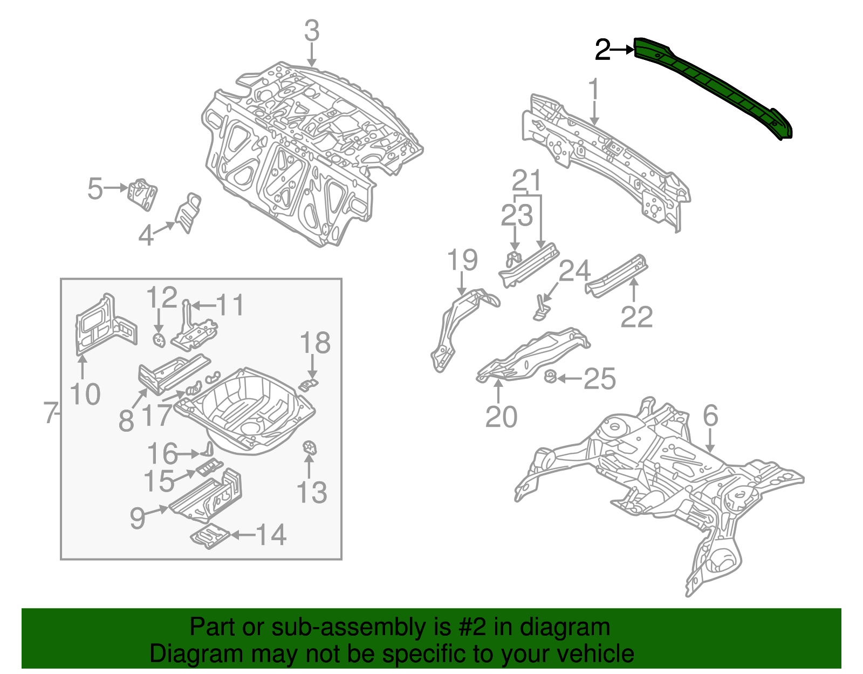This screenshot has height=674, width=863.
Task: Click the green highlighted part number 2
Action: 712,86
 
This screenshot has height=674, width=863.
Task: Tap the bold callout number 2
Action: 602,50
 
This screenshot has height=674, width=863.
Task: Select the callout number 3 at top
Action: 312,31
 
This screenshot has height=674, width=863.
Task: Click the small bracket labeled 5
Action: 142,194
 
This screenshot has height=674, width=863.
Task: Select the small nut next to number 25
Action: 551,377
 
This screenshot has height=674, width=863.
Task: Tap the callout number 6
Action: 710,416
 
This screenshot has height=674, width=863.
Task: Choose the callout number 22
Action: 636,317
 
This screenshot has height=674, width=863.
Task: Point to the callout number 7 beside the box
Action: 50,413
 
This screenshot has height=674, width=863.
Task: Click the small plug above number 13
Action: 310,447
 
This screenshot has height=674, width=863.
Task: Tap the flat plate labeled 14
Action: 210,536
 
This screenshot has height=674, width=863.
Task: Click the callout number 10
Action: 85,394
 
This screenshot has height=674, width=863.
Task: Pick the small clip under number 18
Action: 309,384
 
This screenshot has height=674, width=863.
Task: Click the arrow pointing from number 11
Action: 203,306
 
